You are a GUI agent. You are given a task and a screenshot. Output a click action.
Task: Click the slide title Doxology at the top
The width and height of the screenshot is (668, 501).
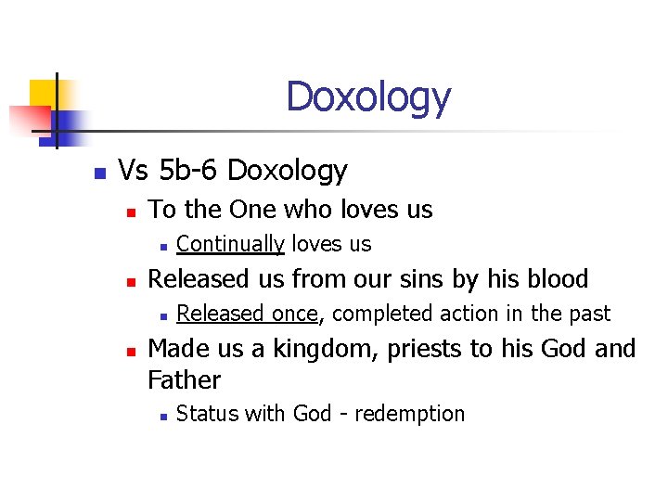(x=368, y=96)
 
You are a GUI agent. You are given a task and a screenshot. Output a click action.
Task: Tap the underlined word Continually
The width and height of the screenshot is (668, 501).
(x=230, y=244)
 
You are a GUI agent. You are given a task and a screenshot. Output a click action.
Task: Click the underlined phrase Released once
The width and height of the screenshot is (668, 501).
(x=248, y=314)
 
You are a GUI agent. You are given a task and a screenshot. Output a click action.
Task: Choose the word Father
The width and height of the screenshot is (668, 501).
(x=184, y=380)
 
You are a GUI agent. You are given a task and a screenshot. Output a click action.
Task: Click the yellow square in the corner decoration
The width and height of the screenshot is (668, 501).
(x=43, y=93)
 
